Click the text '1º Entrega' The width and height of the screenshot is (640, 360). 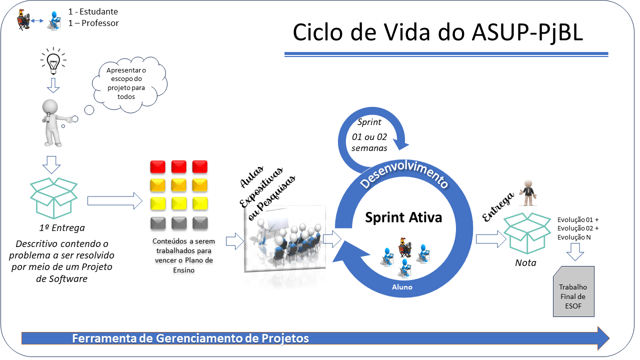(61, 228)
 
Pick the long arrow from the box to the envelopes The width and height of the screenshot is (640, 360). (114, 201)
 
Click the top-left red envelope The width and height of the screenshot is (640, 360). (158, 166)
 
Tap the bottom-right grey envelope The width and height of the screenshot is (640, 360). (200, 223)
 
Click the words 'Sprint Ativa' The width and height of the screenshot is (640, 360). (403, 218)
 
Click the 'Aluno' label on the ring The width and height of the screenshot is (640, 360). (402, 287)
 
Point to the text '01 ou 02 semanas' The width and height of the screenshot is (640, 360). (369, 141)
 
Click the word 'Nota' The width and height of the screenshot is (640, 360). (525, 262)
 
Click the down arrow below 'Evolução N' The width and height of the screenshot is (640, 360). (575, 253)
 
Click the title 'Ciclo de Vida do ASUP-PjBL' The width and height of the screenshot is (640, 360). (437, 33)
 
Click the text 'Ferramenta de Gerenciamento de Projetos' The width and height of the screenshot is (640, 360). (190, 338)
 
